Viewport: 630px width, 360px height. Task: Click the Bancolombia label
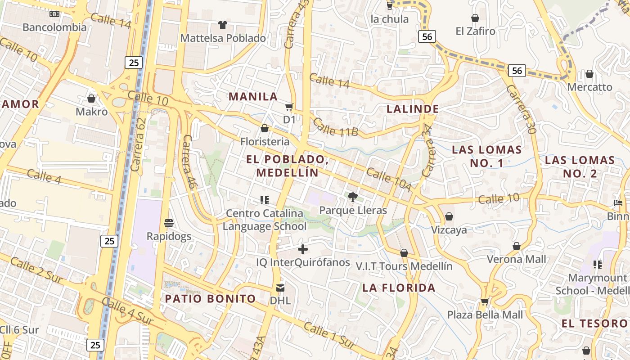(x=54, y=27)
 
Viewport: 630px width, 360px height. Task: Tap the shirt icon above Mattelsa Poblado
(x=223, y=24)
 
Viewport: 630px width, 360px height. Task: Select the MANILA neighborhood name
(x=253, y=96)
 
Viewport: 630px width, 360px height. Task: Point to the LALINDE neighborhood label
(x=413, y=109)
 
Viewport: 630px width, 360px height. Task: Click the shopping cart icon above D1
(x=289, y=107)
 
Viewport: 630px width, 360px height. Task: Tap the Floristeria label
(x=265, y=141)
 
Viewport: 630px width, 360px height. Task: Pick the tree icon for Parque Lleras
(x=353, y=197)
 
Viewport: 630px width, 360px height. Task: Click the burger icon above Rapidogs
(x=169, y=223)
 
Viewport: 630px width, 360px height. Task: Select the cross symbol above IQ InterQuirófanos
(x=303, y=249)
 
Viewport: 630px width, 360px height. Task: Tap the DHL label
(x=280, y=300)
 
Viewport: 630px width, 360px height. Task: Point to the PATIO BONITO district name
(x=210, y=298)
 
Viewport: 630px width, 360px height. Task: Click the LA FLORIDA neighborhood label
(x=399, y=288)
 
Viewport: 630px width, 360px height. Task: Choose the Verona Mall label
(x=517, y=259)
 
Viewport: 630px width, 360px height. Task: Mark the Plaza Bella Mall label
(x=485, y=315)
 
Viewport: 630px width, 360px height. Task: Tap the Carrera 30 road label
(x=521, y=109)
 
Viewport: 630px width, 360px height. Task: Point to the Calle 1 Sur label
(x=329, y=335)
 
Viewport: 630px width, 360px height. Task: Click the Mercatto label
(x=589, y=87)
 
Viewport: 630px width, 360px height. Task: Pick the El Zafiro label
(x=475, y=31)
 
